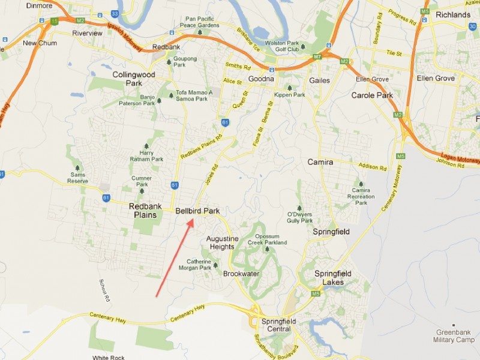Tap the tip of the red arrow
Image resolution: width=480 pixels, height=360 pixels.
click(193, 220)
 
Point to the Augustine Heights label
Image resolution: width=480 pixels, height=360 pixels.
click(222, 242)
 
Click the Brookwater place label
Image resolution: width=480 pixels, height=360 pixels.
click(241, 274)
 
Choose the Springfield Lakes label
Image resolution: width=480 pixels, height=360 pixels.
click(333, 278)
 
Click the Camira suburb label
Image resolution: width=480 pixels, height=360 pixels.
click(320, 162)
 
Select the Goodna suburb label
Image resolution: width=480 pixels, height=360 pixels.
click(260, 79)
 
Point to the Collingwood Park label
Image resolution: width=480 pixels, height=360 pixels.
click(134, 79)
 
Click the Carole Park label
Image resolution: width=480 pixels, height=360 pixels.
click(371, 95)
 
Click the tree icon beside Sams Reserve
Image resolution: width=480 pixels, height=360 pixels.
click(76, 167)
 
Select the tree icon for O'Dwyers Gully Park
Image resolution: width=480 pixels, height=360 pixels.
click(299, 208)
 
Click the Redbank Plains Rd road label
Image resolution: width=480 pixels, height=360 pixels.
click(202, 146)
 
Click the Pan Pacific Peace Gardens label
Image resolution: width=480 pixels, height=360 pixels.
click(200, 23)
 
